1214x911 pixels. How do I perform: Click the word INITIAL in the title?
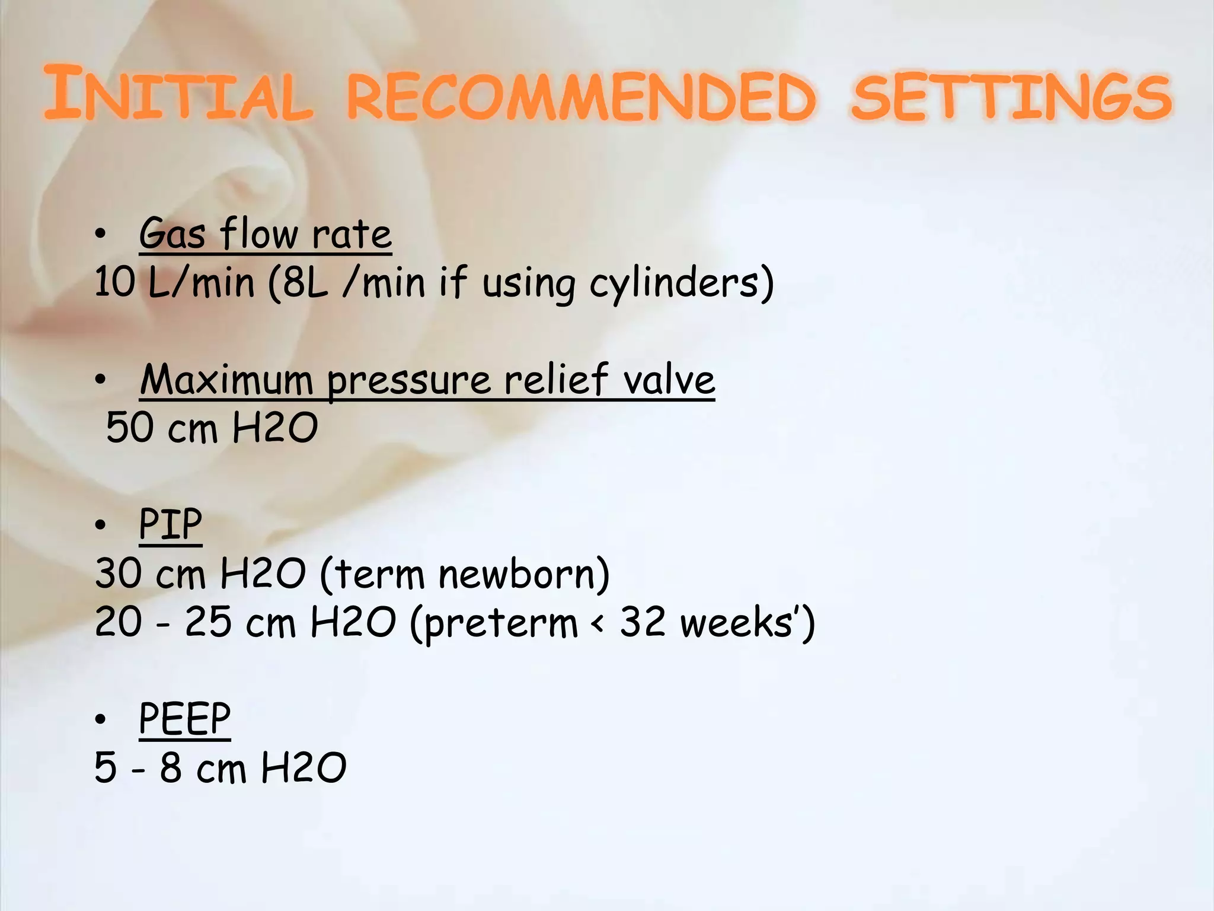point(178,95)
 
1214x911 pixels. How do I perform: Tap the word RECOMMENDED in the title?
point(581,96)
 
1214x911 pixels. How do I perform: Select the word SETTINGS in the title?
point(1011,96)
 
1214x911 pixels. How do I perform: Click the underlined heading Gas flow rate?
point(265,234)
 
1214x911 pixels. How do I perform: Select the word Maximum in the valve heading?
point(226,380)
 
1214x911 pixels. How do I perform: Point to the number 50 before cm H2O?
point(130,428)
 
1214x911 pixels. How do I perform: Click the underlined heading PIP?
point(170,524)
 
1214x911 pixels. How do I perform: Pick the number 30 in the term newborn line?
point(118,574)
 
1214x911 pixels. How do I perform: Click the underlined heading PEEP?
point(184,719)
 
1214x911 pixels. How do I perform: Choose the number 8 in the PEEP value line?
point(171,767)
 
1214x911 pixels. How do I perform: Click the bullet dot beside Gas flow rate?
point(101,235)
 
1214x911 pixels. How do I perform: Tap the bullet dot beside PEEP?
point(101,719)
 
